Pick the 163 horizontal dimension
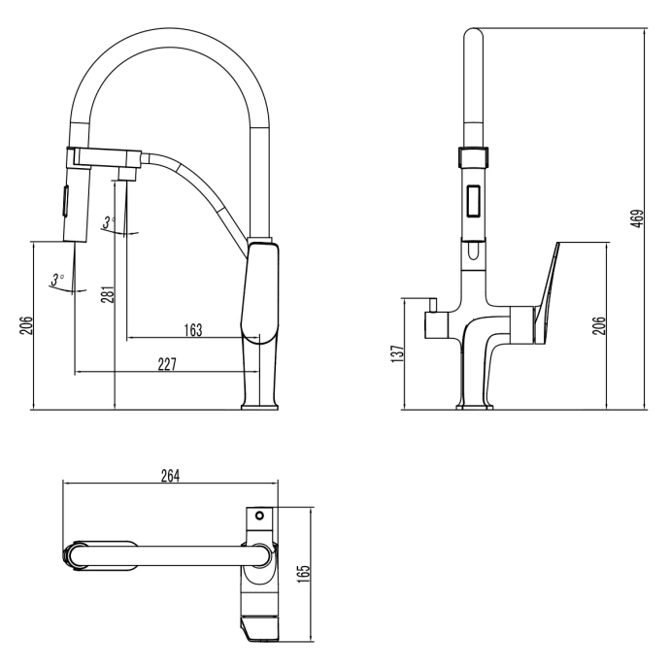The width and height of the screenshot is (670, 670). (x=192, y=330)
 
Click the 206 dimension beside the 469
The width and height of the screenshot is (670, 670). (x=599, y=326)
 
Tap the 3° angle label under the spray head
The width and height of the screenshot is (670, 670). (x=58, y=279)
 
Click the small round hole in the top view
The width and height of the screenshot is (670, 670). (x=259, y=515)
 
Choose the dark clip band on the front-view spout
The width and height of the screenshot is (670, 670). (x=474, y=154)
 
